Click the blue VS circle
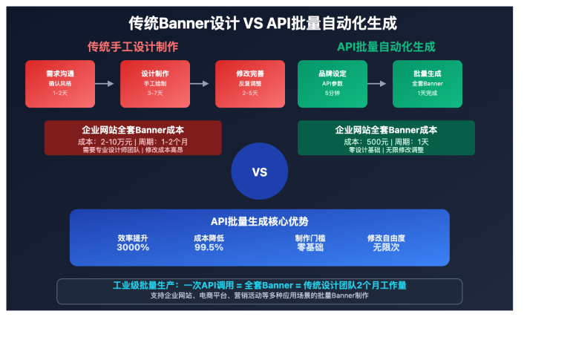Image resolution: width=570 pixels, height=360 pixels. pos(259,172)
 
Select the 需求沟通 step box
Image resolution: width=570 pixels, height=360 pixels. pos(59,83)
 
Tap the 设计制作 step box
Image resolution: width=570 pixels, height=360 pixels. pos(154,83)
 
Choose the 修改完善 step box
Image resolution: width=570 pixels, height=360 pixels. pos(249,83)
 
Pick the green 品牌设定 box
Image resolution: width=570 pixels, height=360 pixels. pos(332,83)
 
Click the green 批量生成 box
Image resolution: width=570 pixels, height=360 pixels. pos(427,83)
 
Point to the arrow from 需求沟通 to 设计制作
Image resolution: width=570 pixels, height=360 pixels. pos(107,84)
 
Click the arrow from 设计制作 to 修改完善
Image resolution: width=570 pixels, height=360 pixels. pos(202,84)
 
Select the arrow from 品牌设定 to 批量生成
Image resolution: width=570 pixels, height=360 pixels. pos(379,84)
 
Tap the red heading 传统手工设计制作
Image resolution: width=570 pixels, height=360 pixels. pos(133,47)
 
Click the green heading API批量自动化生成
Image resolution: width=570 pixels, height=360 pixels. pos(386,47)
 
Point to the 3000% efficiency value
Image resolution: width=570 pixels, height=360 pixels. pos(133,247)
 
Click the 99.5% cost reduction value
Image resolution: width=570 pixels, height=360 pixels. pos(209,247)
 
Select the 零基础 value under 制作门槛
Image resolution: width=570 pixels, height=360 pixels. pos(310,247)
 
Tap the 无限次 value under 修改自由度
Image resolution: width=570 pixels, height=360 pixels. pos(386,247)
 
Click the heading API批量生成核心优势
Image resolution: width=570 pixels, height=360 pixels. pos(259,221)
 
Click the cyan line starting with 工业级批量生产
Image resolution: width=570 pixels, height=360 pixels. pos(259,285)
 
